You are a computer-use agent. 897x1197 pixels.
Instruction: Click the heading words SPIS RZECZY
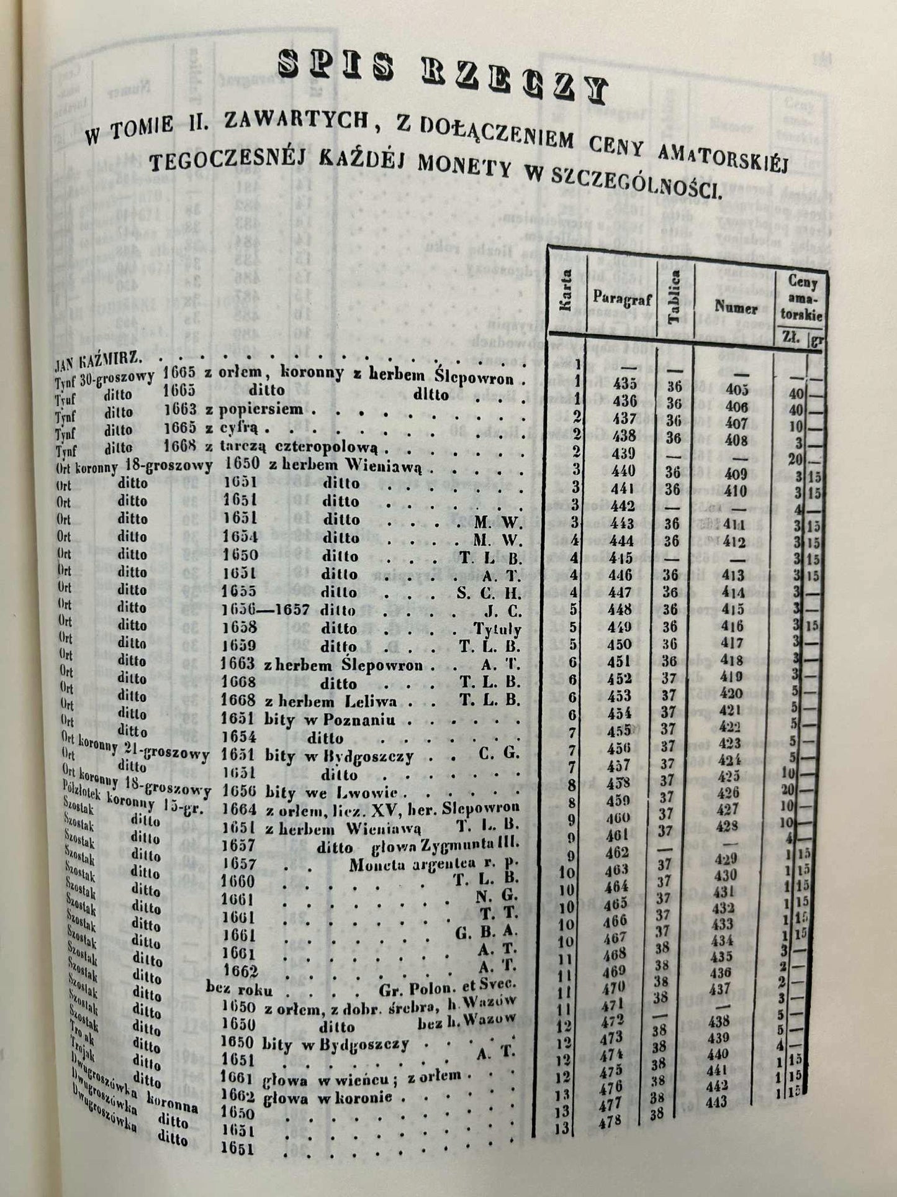(440, 77)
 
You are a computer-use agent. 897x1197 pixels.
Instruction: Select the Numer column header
(736, 306)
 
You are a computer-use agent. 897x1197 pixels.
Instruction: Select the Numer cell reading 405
(736, 389)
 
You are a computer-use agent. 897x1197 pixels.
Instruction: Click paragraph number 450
(621, 644)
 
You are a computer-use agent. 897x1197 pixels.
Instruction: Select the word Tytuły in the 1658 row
(497, 629)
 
